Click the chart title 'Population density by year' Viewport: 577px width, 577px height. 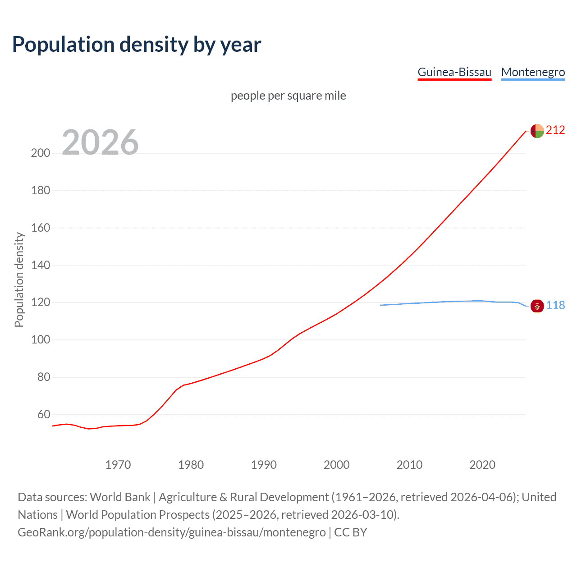click(x=137, y=44)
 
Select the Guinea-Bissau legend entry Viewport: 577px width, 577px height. click(x=454, y=72)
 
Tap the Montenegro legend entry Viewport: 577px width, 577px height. click(x=533, y=72)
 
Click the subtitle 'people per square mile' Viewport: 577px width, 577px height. click(x=288, y=96)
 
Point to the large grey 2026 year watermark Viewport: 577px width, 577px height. click(x=100, y=142)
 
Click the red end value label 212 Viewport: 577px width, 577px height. click(x=555, y=130)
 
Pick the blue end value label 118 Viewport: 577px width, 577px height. click(x=555, y=306)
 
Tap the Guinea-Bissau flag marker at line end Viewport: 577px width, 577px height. click(x=537, y=131)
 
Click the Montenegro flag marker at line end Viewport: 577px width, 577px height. click(x=537, y=306)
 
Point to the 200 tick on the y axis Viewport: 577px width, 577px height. click(x=41, y=153)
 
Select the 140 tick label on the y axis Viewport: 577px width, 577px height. click(x=41, y=265)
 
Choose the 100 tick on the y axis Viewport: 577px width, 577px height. click(x=41, y=339)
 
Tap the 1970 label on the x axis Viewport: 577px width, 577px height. click(x=118, y=465)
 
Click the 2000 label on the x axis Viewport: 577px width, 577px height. click(x=336, y=465)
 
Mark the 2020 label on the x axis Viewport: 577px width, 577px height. click(x=482, y=465)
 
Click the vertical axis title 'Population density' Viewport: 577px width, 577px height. click(x=19, y=279)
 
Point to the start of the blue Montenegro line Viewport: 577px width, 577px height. click(x=381, y=305)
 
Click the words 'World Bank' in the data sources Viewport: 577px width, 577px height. click(x=120, y=497)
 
